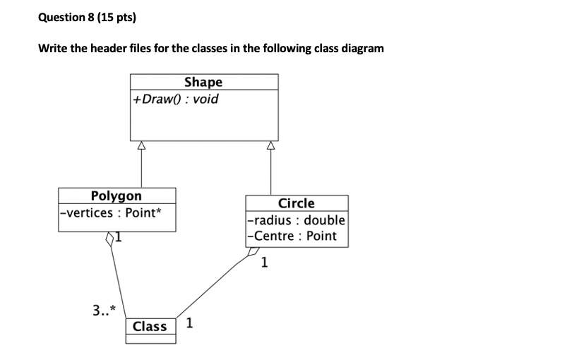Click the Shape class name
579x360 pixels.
pos(203,83)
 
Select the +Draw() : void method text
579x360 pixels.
pos(175,99)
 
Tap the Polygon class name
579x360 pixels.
pos(116,196)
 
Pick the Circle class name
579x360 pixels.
pos(296,203)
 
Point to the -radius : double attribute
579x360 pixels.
pos(296,220)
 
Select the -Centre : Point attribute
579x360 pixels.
pos(292,236)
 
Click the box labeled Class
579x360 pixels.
pos(150,326)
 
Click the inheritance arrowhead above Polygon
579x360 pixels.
pos(141,146)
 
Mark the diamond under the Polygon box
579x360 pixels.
pos(110,241)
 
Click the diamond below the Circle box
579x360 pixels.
pos(253,256)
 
